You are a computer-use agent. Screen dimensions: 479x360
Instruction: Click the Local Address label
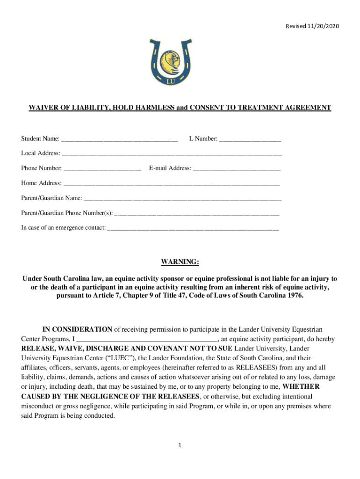(41, 153)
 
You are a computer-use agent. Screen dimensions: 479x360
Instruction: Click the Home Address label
(41, 183)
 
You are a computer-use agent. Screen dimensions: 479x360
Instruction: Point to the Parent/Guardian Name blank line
(183, 198)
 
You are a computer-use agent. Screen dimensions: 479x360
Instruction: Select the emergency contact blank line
(193, 228)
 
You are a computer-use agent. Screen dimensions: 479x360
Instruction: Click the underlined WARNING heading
(180, 262)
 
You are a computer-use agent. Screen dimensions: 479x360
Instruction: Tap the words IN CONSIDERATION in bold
(77, 329)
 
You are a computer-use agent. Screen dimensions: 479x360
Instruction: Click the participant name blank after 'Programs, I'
(146, 339)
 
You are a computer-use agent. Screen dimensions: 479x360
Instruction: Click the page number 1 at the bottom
(180, 445)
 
